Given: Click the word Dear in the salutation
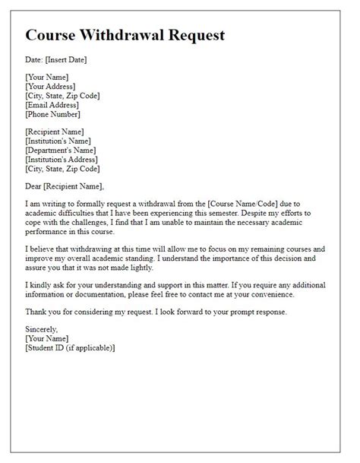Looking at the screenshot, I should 36,187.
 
